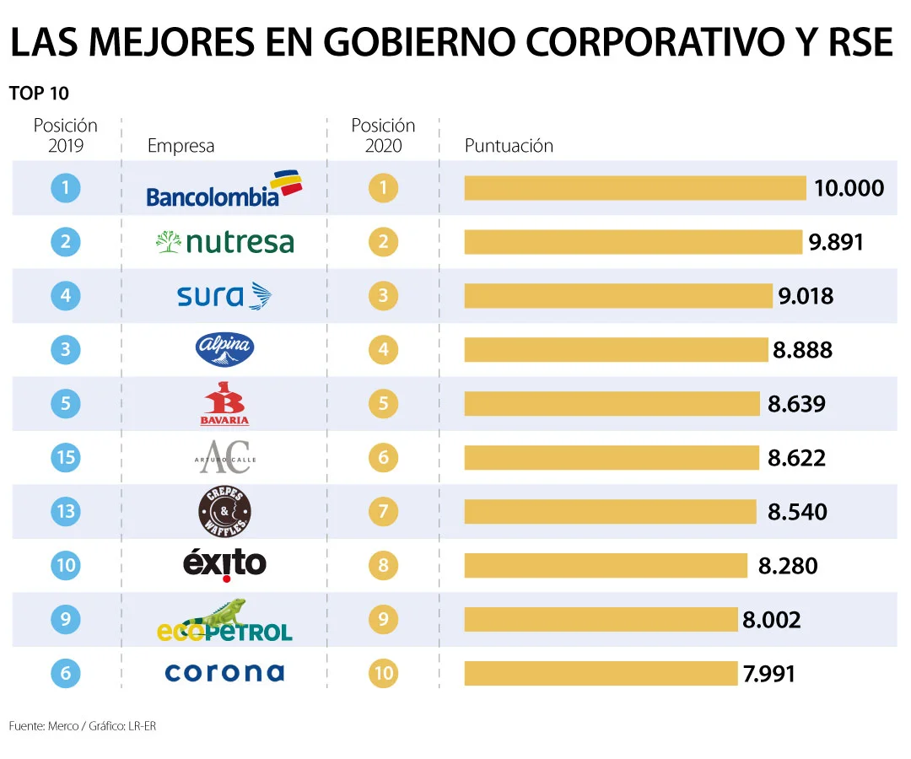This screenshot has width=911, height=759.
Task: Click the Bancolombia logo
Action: tap(224, 189)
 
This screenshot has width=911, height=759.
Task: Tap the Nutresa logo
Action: tap(224, 243)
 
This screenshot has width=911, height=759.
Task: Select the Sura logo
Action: tap(224, 296)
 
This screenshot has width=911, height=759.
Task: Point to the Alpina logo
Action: tap(224, 349)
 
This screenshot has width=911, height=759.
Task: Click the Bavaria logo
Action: tap(224, 404)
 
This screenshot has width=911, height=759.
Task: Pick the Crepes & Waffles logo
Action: tap(224, 512)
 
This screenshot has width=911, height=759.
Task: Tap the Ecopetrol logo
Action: tap(224, 621)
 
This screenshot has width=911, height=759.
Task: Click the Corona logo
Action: tap(224, 672)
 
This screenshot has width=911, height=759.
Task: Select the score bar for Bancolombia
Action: tap(635, 188)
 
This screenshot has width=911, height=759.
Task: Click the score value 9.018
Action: tap(805, 296)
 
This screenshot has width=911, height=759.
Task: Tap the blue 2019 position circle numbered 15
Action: tap(66, 458)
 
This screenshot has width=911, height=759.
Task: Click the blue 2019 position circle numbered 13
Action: tap(66, 511)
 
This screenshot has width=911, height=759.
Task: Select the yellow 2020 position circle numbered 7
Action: tap(383, 511)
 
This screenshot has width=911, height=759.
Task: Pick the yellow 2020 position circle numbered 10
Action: tap(383, 673)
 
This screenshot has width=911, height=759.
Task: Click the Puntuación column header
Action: tap(509, 146)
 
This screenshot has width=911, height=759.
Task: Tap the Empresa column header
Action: tap(181, 146)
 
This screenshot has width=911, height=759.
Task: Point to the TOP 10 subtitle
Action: tap(39, 94)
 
